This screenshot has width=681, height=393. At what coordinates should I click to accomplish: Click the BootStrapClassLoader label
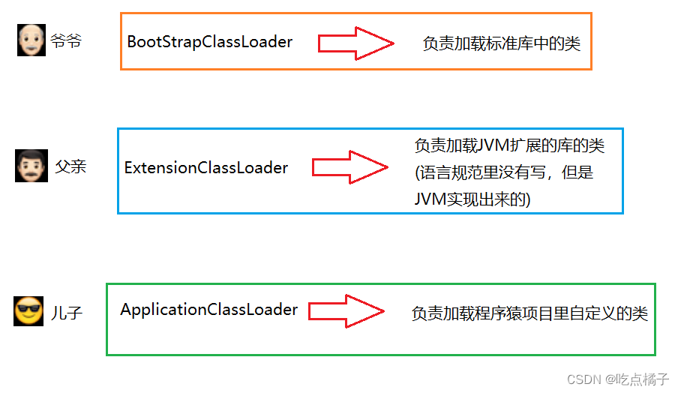point(209,42)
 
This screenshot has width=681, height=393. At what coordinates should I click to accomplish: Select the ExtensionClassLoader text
point(205,167)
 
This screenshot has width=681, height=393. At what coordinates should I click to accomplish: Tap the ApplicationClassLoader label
point(208,310)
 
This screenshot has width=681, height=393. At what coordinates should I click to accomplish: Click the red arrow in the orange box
point(355,43)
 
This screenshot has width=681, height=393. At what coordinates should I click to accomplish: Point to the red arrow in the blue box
point(349,167)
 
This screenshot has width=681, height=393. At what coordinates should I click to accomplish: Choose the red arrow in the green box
point(346,310)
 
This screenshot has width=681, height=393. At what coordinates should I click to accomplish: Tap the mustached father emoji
point(31,166)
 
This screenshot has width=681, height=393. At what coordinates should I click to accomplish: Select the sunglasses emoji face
point(28,311)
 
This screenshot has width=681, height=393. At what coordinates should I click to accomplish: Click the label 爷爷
point(66,41)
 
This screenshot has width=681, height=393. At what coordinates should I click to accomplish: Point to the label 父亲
point(70,166)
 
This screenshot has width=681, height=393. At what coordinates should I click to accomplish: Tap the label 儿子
point(67,312)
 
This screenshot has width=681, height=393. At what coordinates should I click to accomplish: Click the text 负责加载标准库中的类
point(501,43)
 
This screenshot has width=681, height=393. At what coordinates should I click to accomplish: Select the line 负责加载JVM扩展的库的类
point(509,145)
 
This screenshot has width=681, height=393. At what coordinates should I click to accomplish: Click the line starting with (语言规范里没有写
point(504,173)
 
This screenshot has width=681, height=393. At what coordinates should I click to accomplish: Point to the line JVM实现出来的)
point(472,199)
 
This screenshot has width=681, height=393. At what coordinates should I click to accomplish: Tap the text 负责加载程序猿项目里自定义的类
point(529,313)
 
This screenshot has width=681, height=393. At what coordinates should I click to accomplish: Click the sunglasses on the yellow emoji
point(28,307)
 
